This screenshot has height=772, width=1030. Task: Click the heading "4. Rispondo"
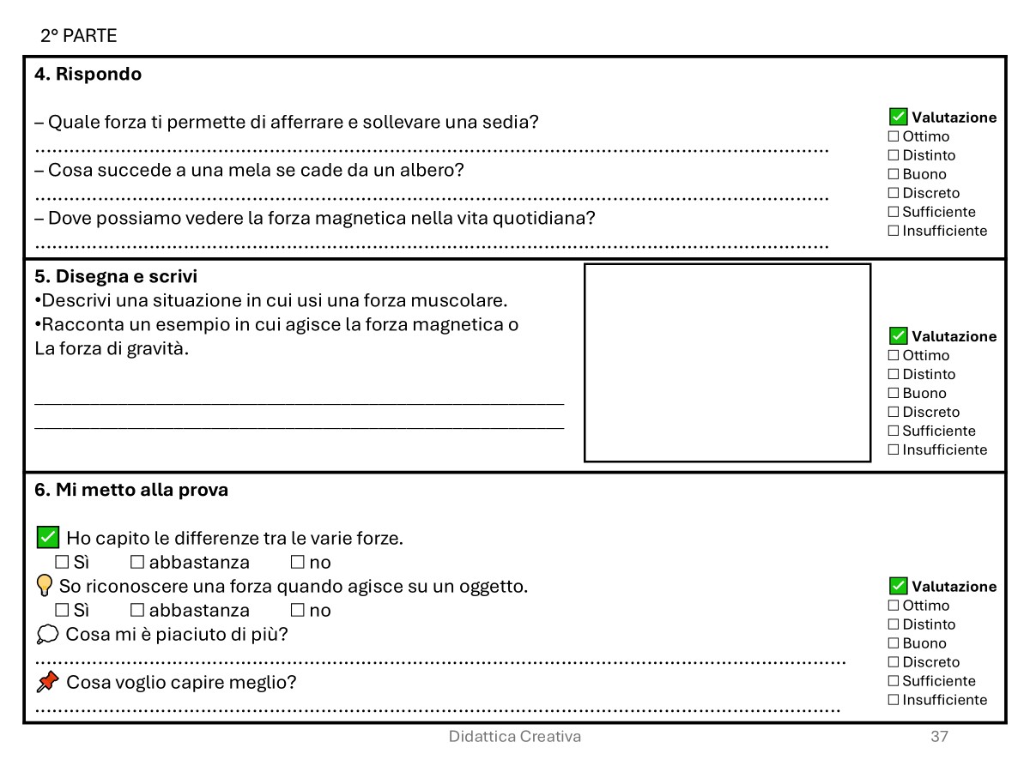click(x=88, y=75)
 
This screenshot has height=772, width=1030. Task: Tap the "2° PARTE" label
click(x=78, y=36)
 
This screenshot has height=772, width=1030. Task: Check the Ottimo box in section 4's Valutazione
click(x=894, y=136)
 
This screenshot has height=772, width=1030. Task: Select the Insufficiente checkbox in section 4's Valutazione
click(x=894, y=231)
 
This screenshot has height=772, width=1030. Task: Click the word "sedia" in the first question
click(x=516, y=122)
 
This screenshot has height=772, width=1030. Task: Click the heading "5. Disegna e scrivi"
click(x=116, y=277)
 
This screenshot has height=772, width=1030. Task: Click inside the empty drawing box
click(x=727, y=362)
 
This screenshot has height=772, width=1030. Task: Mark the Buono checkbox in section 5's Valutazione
click(x=894, y=394)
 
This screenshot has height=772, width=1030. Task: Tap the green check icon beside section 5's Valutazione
click(x=899, y=335)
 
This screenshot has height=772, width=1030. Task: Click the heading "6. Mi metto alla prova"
click(x=131, y=491)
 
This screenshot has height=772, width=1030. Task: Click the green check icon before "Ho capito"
click(x=48, y=538)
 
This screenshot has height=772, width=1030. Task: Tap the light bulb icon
click(x=45, y=586)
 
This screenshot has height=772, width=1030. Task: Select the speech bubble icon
click(x=48, y=635)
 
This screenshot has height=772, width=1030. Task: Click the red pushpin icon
click(x=48, y=682)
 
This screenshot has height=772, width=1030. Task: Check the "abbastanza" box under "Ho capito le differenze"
click(x=137, y=563)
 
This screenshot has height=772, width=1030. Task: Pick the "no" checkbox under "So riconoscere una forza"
click(x=298, y=611)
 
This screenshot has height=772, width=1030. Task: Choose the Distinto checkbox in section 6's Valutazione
click(x=894, y=624)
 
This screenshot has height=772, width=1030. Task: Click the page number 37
click(x=939, y=737)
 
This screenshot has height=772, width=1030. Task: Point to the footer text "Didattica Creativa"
click(x=514, y=737)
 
